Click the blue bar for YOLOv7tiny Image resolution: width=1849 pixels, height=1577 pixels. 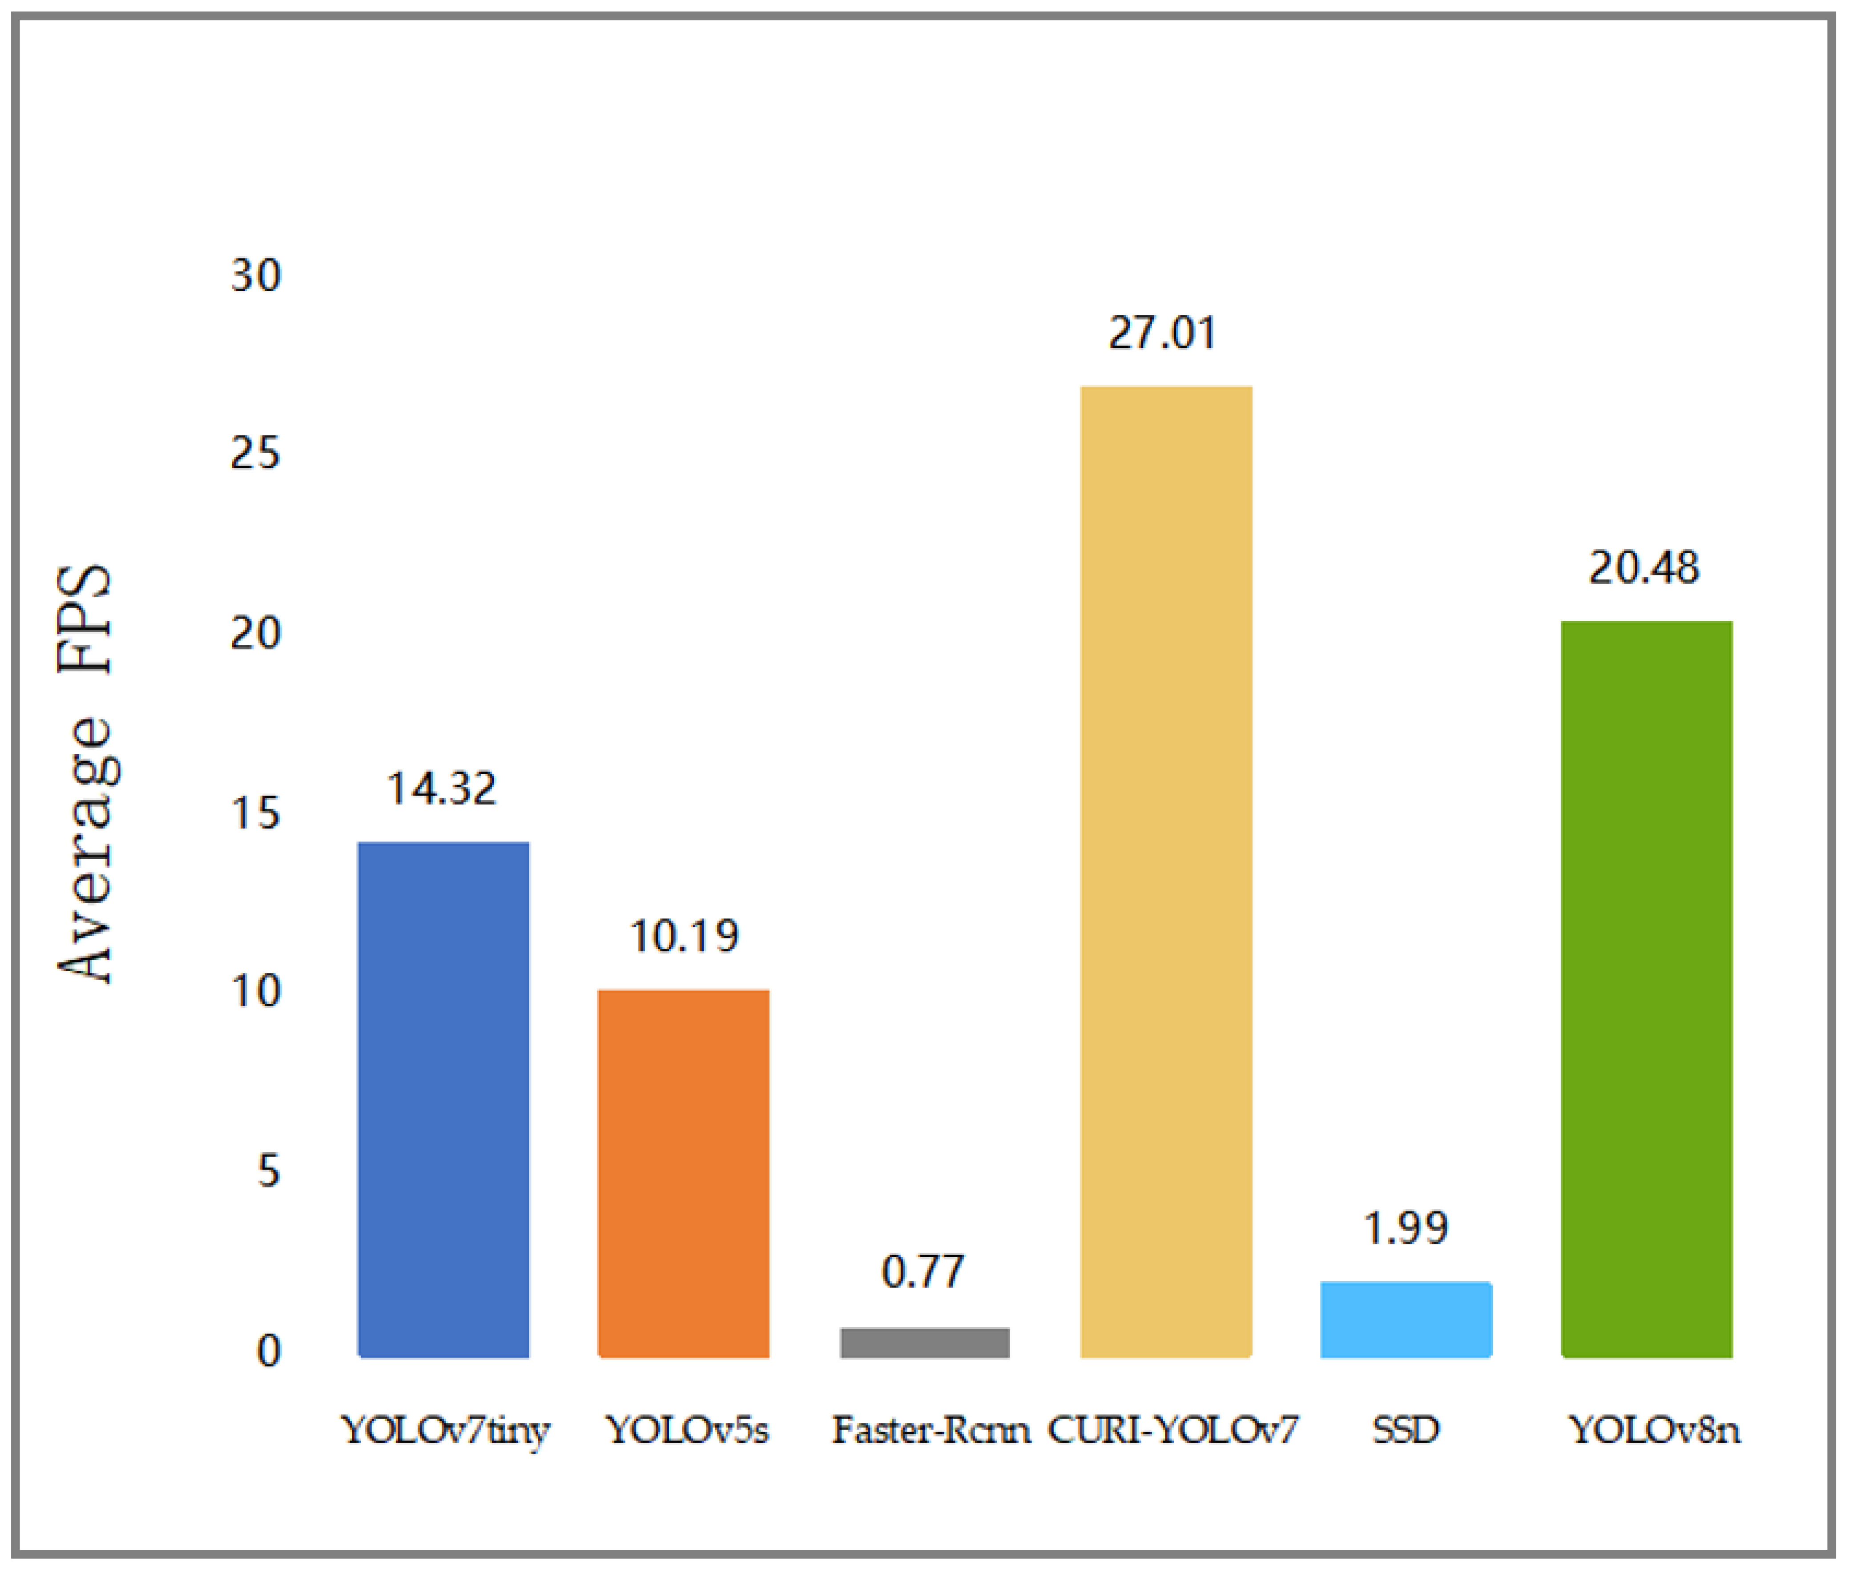click(x=443, y=1099)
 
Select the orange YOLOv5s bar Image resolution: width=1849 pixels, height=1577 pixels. click(x=684, y=1174)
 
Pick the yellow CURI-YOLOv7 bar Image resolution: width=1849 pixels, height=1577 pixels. click(x=1165, y=872)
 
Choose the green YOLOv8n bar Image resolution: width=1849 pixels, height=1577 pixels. click(x=1647, y=989)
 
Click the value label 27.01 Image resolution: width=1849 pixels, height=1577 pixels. click(x=1162, y=333)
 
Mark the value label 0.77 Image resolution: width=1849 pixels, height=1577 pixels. click(x=922, y=1272)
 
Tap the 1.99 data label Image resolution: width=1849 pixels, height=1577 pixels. click(x=1406, y=1228)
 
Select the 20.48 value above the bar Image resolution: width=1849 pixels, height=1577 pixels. click(x=1644, y=567)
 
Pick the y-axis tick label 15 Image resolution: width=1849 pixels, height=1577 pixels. click(x=255, y=813)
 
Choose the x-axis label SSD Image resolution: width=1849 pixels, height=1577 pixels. click(x=1406, y=1430)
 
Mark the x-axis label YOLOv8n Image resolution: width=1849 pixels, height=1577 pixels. click(x=1654, y=1430)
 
